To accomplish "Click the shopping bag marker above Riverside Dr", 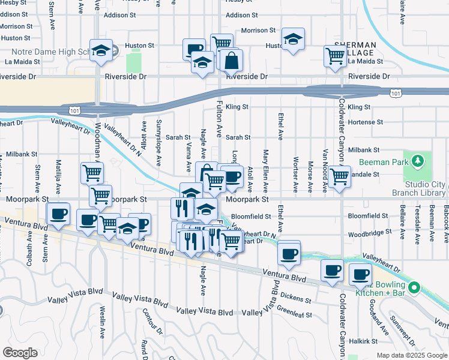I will (231, 60).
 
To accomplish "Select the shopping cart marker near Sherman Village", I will (335, 56).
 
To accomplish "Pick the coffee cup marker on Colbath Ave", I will (59, 214).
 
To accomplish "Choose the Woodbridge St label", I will (367, 231).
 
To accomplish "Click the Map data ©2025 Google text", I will (412, 355).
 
